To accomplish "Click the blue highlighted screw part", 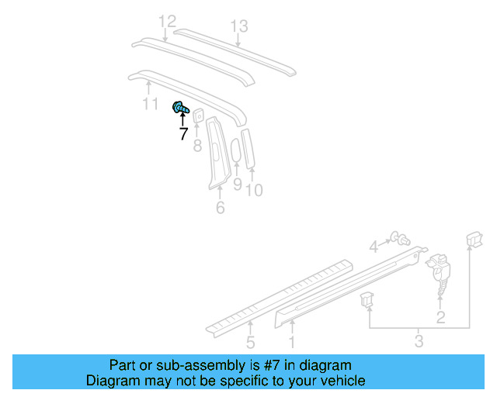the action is pyautogui.click(x=181, y=109).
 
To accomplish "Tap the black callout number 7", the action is pyautogui.click(x=183, y=134).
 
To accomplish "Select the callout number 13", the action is pyautogui.click(x=238, y=27).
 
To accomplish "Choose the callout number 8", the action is pyautogui.click(x=197, y=144).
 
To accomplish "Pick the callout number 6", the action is pyautogui.click(x=221, y=208).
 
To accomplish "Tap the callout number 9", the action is pyautogui.click(x=238, y=184).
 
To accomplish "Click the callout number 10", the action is pyautogui.click(x=255, y=188).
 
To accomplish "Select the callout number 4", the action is pyautogui.click(x=374, y=247).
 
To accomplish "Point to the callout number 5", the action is pyautogui.click(x=251, y=341).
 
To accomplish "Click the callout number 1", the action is pyautogui.click(x=292, y=341).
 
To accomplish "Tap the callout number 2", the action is pyautogui.click(x=441, y=316).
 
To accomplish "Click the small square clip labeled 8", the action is pyautogui.click(x=199, y=115).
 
